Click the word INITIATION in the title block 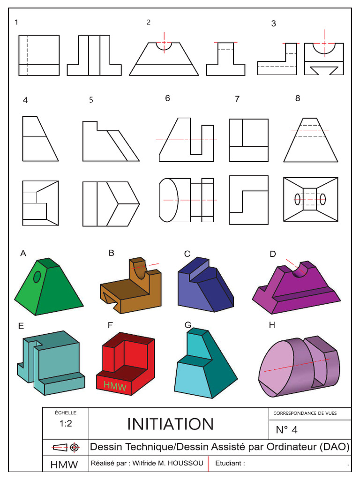170,424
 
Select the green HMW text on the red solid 112,385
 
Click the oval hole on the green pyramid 37,277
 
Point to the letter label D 272,254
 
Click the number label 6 167,98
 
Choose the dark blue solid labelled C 205,286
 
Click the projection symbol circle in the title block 74,447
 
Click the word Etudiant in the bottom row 230,464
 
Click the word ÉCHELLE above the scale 65,413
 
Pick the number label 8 298,98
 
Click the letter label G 188,324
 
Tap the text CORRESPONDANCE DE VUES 305,413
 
